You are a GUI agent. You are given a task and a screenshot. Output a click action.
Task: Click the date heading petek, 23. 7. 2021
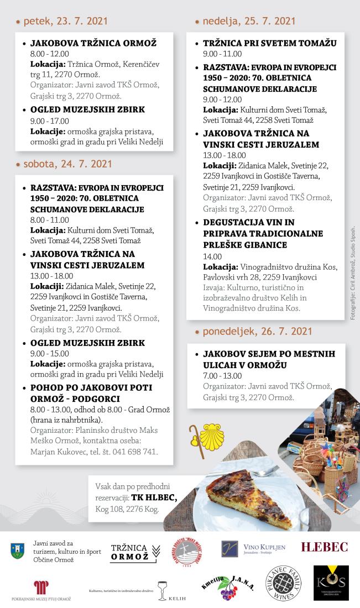click(64, 22)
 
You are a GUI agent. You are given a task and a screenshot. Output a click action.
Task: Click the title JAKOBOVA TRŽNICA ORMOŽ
click(93, 43)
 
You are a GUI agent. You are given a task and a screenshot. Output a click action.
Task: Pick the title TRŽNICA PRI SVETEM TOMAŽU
click(269, 43)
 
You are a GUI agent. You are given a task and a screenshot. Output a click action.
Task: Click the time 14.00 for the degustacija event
click(212, 256)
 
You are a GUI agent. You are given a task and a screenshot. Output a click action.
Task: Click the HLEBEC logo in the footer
click(324, 547)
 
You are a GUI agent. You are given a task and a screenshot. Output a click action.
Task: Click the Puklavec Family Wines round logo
click(285, 583)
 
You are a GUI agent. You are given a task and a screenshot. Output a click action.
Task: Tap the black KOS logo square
click(331, 583)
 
